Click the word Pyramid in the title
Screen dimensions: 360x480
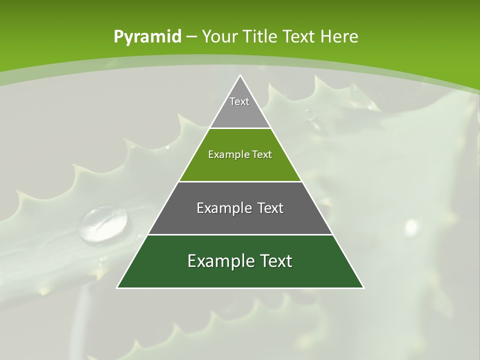tap(147, 37)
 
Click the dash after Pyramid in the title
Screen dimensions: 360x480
tap(191, 37)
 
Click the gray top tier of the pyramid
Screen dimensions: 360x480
tap(240, 107)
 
